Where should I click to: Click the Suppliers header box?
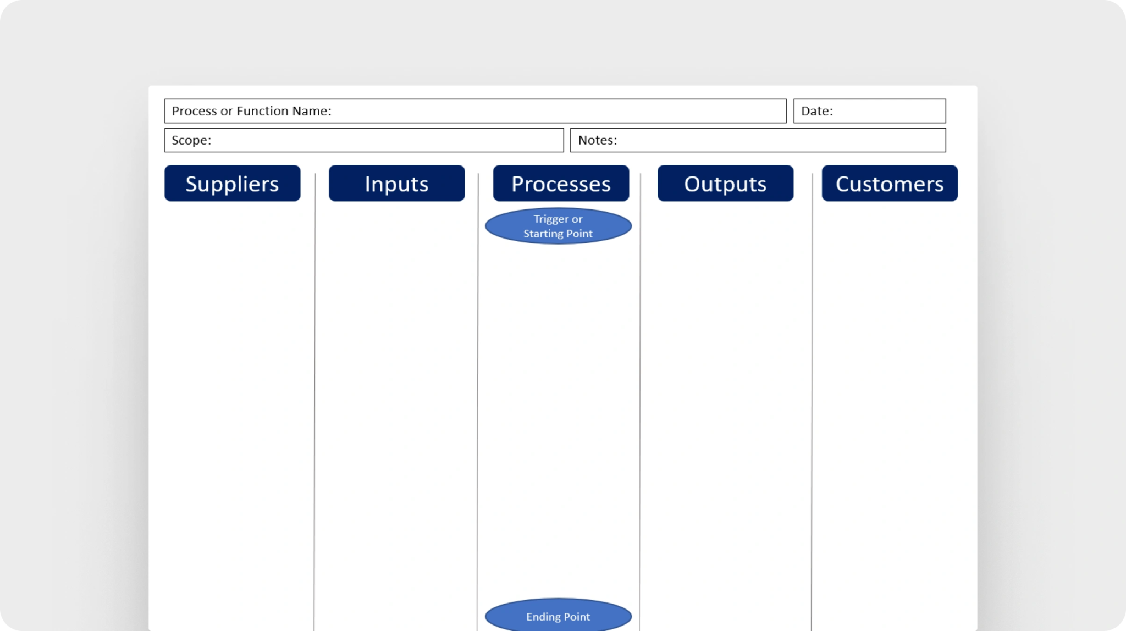click(232, 183)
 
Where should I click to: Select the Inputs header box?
click(396, 183)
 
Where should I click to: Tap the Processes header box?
click(561, 183)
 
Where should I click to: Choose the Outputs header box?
click(725, 183)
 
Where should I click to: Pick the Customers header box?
click(890, 183)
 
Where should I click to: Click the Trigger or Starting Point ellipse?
click(558, 226)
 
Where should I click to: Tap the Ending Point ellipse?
click(558, 615)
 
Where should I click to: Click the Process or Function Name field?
click(475, 111)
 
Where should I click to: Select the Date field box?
click(869, 111)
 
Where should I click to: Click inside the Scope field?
click(364, 140)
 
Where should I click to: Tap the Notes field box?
click(758, 140)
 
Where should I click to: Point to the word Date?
click(817, 111)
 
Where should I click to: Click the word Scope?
click(191, 140)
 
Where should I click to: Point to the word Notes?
click(597, 140)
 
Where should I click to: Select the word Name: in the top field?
click(312, 111)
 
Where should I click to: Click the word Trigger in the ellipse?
click(551, 219)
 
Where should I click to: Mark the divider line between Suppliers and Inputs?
click(314, 402)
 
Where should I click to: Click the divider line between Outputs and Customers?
click(812, 402)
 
